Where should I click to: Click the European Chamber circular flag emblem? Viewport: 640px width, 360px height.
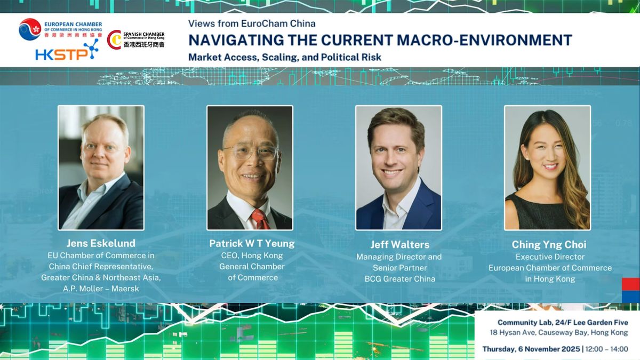[30, 29]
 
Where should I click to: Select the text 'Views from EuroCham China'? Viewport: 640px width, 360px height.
[252, 23]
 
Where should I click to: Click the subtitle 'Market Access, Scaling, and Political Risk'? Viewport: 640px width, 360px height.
[285, 57]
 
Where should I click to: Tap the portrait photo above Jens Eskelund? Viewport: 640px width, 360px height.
[101, 167]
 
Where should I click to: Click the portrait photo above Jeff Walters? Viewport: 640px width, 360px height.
[398, 167]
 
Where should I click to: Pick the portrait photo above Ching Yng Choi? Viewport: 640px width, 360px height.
[547, 167]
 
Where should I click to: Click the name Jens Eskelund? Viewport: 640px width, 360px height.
[101, 244]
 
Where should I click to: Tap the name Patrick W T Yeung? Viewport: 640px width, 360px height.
[252, 243]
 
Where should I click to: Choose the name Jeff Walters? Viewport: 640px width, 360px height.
[400, 245]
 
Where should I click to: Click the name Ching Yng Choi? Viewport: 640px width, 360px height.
[549, 245]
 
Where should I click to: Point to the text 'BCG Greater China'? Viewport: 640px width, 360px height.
[400, 279]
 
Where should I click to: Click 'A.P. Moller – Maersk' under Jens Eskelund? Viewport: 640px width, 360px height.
[101, 289]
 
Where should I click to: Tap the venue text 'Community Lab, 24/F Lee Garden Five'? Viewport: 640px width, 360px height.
[563, 323]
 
